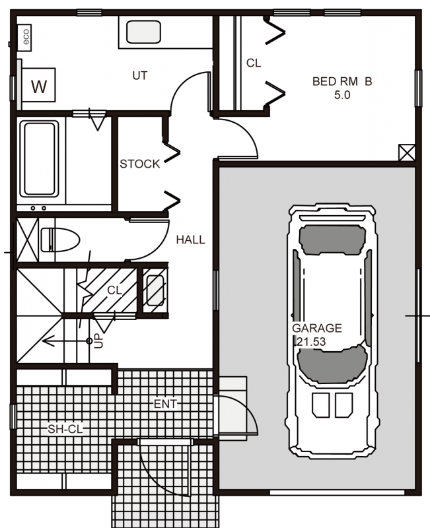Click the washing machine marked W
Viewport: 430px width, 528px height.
(x=38, y=85)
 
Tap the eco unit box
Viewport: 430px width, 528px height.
(x=24, y=38)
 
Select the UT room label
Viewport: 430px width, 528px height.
(x=140, y=75)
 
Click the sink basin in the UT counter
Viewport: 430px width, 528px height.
(x=143, y=32)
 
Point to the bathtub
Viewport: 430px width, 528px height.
(x=39, y=158)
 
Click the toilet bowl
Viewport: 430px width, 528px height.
(x=60, y=240)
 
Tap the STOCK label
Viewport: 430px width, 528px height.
(x=140, y=164)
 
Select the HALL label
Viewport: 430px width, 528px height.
(x=190, y=240)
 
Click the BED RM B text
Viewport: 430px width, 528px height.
(x=342, y=81)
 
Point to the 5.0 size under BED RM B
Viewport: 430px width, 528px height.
(x=342, y=95)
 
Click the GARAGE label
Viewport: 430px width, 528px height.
(x=317, y=328)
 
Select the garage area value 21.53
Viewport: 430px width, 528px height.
(x=311, y=342)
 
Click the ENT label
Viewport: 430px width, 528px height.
(x=165, y=404)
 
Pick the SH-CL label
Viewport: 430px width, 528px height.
(x=65, y=429)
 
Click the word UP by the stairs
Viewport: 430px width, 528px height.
(x=98, y=341)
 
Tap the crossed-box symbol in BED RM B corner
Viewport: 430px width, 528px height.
(x=407, y=152)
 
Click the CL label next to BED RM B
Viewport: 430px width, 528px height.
(x=254, y=63)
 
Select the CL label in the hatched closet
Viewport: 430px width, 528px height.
(x=114, y=290)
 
